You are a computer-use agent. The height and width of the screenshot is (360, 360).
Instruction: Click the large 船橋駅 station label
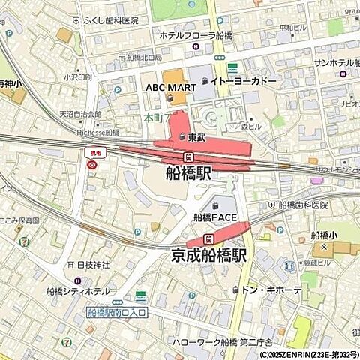coord(188,173)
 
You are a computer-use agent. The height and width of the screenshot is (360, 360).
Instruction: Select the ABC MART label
coord(165,88)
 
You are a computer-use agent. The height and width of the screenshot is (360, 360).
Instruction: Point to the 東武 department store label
coord(196,136)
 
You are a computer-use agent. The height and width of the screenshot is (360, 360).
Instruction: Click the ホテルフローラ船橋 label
coord(197,35)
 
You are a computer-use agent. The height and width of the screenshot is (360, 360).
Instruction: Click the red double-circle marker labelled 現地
coord(92,164)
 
